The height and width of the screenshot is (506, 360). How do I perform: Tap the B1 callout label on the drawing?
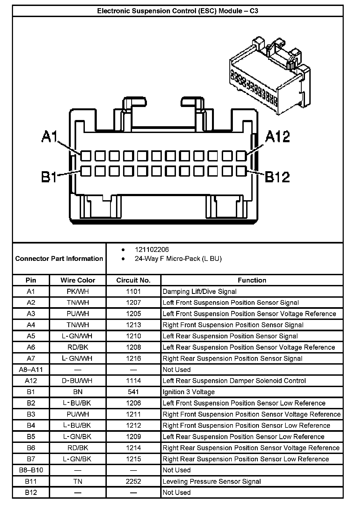click(x=49, y=177)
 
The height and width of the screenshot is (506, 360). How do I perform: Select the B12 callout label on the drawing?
click(x=277, y=177)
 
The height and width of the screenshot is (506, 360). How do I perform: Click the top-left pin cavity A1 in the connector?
click(x=86, y=156)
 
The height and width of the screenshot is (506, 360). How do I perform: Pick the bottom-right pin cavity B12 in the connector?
click(x=241, y=171)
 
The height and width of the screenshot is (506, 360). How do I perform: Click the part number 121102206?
click(x=152, y=249)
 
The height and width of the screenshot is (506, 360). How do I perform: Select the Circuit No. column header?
click(x=133, y=280)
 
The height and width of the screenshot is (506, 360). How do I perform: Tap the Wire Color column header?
click(x=78, y=280)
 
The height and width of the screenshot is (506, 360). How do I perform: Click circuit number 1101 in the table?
click(x=133, y=291)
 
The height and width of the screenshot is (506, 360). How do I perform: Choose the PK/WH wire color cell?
click(x=78, y=291)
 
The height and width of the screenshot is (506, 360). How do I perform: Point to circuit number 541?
click(x=133, y=392)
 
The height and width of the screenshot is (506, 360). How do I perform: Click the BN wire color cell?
click(x=78, y=392)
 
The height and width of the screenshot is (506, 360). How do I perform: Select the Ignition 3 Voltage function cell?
click(x=189, y=392)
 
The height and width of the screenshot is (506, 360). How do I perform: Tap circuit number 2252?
click(x=133, y=481)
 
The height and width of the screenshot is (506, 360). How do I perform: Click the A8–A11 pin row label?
click(x=31, y=369)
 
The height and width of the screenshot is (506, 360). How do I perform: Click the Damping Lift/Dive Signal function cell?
click(x=200, y=291)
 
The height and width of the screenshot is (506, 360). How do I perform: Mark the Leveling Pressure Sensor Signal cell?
click(x=212, y=481)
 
